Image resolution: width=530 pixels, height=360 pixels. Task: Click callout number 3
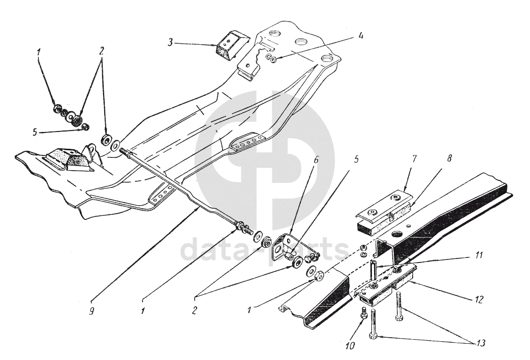click(x=171, y=43)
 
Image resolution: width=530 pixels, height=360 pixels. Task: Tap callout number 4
click(x=361, y=36)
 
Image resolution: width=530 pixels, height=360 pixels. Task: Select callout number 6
click(x=316, y=160)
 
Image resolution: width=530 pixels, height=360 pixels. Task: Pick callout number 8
click(x=449, y=158)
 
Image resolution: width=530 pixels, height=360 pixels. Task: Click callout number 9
click(x=91, y=311)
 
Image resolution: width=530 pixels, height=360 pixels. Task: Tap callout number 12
click(x=479, y=299)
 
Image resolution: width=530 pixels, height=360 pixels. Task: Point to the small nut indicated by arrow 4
click(x=273, y=59)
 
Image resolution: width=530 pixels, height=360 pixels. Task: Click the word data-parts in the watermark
click(x=265, y=249)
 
